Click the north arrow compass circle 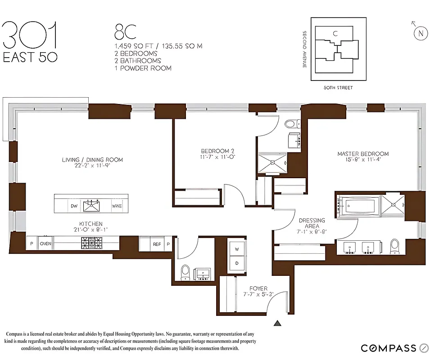coord(421,33)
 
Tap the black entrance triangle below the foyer coord(278,323)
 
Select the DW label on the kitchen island coord(74,206)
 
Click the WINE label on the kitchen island coord(117,206)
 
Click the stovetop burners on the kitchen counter coord(91,243)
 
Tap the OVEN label coord(45,243)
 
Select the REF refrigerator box coord(156,244)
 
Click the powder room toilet coord(185,272)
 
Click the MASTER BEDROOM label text coord(363,154)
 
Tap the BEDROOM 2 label coord(217,151)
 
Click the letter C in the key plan coord(335,33)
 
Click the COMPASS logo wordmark coord(389,348)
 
